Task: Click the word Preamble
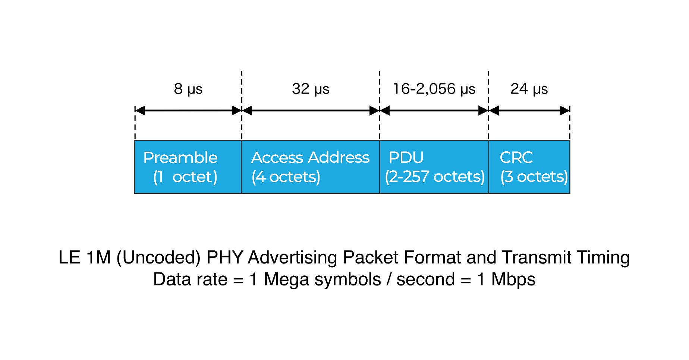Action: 180,158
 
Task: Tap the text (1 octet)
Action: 185,177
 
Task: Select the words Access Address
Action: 310,158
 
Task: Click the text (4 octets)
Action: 286,177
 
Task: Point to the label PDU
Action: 406,158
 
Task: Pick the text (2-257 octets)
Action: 434,177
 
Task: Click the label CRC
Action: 516,158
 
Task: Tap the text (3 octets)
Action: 534,177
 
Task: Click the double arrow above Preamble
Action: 188,110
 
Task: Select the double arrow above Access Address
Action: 311,110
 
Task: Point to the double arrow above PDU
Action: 434,110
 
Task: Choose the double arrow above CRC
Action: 529,110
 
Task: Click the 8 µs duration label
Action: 188,91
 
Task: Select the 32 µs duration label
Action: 311,91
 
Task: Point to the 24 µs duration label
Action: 529,91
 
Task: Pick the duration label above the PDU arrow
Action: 434,91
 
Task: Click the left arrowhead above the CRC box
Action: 494,110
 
